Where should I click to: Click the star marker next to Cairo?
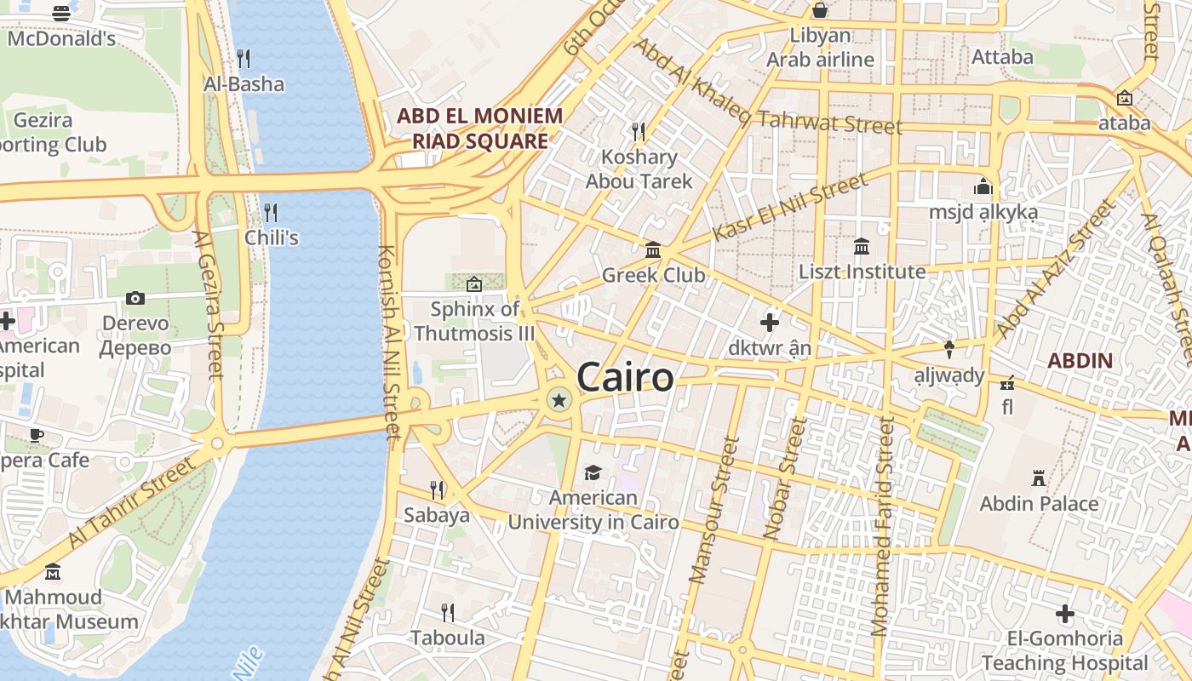tap(559, 399)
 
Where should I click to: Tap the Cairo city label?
tap(626, 377)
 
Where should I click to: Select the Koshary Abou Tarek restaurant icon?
tap(638, 131)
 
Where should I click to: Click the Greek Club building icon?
tap(653, 249)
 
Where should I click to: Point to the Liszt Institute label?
tap(862, 272)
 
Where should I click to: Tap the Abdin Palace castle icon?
tap(1038, 478)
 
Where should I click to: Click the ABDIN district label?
tap(1080, 360)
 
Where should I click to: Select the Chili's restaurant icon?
tap(271, 212)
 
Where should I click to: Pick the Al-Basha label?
tap(244, 83)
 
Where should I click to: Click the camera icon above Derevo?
tap(135, 298)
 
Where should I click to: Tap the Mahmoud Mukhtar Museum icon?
tap(53, 571)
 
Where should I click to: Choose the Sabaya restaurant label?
tap(437, 515)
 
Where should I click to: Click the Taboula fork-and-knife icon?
tap(447, 612)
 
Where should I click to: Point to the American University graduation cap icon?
tap(593, 472)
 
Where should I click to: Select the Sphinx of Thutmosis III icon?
tap(474, 283)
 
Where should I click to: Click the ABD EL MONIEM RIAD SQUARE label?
tap(480, 129)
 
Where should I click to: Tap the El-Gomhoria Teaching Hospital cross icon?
tap(1064, 613)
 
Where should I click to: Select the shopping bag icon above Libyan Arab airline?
tap(820, 10)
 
